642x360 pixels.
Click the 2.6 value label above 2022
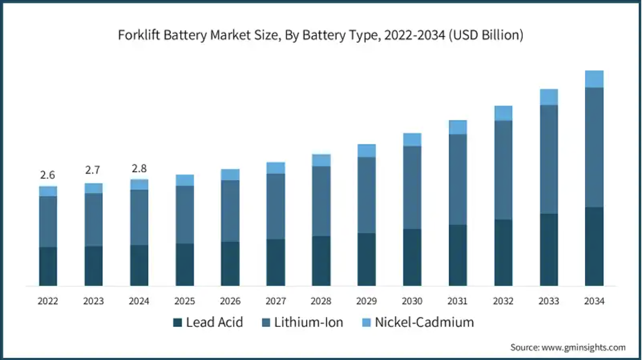pyautogui.click(x=47, y=175)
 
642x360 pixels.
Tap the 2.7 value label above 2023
pyautogui.click(x=93, y=170)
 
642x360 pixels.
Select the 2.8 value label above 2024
pyautogui.click(x=139, y=169)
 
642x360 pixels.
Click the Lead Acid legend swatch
pyautogui.click(x=177, y=322)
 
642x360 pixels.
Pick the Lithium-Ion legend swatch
pyautogui.click(x=266, y=322)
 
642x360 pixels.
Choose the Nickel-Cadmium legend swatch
pyautogui.click(x=366, y=322)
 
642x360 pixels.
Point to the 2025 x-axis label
pyautogui.click(x=184, y=301)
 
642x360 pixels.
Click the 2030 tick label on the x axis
pyautogui.click(x=412, y=301)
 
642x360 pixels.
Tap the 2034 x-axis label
pyautogui.click(x=594, y=301)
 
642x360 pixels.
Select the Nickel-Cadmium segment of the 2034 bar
pyautogui.click(x=594, y=79)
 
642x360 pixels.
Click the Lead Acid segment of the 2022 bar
pyautogui.click(x=48, y=266)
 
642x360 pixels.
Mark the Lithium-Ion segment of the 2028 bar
pyautogui.click(x=321, y=201)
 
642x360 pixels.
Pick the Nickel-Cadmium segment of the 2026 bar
pyautogui.click(x=230, y=175)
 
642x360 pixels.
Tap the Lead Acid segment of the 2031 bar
pyautogui.click(x=457, y=255)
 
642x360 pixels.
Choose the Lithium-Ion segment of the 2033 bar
pyautogui.click(x=549, y=160)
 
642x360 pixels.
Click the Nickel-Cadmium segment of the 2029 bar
pyautogui.click(x=366, y=151)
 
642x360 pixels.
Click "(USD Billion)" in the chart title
pyautogui.click(x=486, y=35)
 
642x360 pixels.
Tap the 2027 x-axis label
pyautogui.click(x=275, y=301)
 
